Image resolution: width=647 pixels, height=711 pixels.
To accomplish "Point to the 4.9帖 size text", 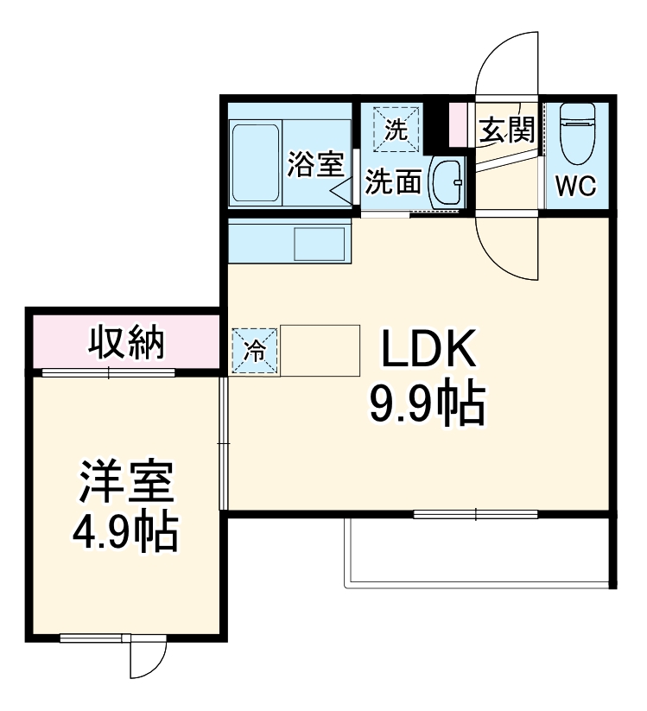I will click(128, 533).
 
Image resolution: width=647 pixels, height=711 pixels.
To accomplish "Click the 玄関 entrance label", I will click(506, 130).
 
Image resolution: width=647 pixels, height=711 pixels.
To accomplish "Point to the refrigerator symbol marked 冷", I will click(256, 351).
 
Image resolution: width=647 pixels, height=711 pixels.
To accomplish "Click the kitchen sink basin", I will click(319, 243).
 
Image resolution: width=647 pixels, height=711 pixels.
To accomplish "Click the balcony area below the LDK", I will click(479, 553).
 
